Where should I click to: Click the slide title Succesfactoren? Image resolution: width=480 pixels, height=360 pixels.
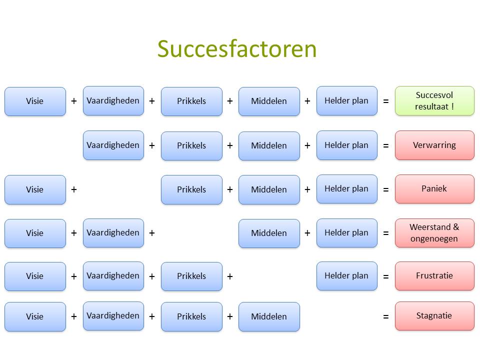click(x=237, y=49)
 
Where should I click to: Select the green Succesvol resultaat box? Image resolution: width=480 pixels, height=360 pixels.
click(x=434, y=100)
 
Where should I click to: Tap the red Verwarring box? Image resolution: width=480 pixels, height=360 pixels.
click(x=434, y=145)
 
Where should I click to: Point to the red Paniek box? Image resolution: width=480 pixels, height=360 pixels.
click(x=434, y=189)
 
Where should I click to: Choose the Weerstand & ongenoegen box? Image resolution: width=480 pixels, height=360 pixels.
click(x=434, y=232)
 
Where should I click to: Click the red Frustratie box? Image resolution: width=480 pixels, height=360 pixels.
click(x=434, y=275)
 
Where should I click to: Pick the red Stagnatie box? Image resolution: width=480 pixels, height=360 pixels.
click(x=434, y=316)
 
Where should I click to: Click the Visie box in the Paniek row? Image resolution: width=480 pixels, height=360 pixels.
click(x=35, y=189)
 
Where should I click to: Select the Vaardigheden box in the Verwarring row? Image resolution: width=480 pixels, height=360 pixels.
click(x=113, y=145)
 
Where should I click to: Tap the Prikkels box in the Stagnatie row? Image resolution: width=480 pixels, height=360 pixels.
click(x=191, y=316)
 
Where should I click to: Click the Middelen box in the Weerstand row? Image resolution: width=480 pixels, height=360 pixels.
click(x=269, y=233)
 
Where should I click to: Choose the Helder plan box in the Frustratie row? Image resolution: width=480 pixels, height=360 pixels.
click(x=346, y=275)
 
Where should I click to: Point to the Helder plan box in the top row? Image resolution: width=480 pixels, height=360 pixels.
click(x=346, y=100)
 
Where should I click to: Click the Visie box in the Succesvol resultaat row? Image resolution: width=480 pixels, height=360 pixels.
click(x=35, y=101)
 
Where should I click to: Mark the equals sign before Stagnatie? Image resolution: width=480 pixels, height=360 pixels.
click(x=385, y=316)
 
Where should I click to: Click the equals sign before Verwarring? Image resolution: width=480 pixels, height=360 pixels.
click(x=385, y=145)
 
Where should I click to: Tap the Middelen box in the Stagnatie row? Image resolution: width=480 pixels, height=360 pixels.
click(x=269, y=316)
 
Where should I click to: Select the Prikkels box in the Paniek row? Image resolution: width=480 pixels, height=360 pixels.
click(x=191, y=189)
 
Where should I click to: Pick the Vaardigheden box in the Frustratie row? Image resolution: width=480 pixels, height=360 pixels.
click(x=113, y=275)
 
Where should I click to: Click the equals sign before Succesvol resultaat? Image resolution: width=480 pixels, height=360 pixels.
click(x=385, y=101)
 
